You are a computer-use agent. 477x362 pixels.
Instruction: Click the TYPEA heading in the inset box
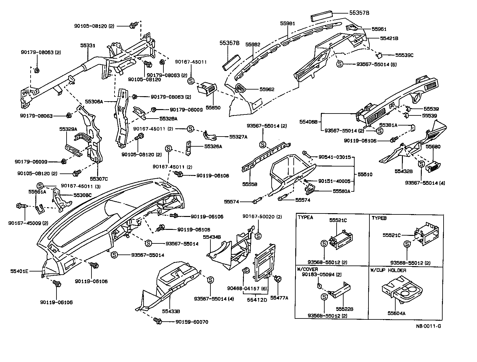point(305,218)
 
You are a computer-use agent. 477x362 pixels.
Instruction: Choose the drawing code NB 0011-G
point(428,326)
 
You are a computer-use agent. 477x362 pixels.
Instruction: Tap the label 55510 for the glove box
point(365,174)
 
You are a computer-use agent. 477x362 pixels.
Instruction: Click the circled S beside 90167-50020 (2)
point(257,236)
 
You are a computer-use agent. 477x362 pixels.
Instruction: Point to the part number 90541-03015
point(334,157)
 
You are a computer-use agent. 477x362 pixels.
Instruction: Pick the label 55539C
point(402,55)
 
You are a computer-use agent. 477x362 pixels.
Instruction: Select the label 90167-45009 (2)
point(28,223)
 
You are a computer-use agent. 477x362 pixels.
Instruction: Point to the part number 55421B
point(389,38)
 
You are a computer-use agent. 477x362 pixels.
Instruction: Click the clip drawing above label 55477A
point(279,279)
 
